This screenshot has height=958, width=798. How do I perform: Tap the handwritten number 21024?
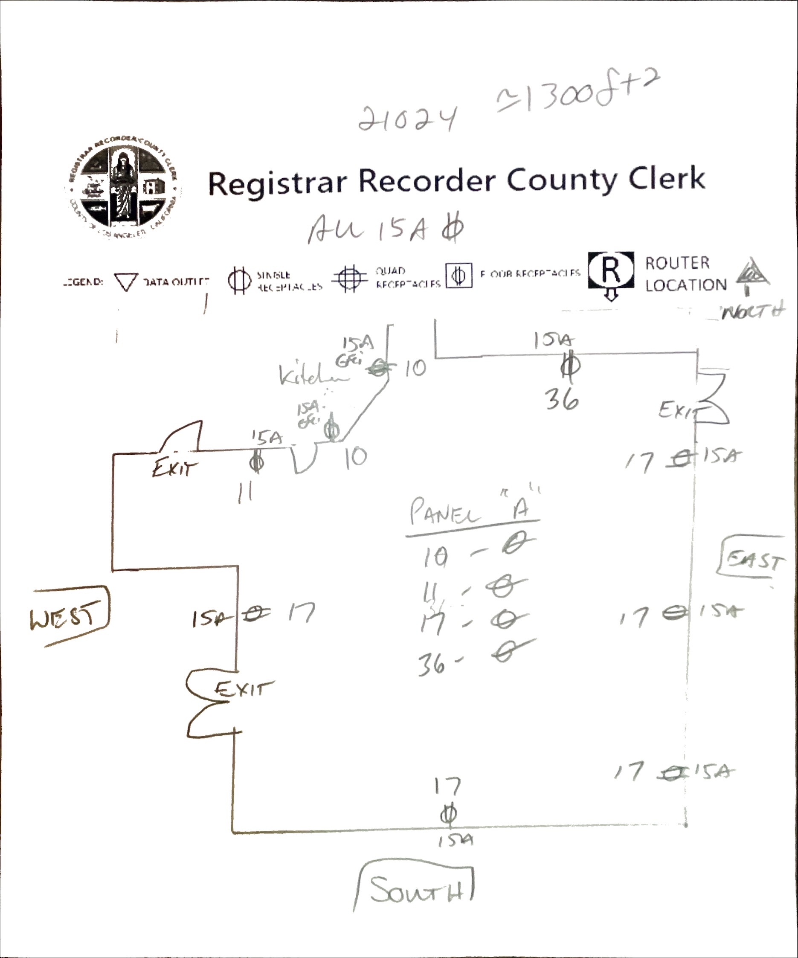[407, 119]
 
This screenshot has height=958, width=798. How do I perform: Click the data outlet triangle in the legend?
[126, 282]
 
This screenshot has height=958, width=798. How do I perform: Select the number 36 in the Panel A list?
[431, 664]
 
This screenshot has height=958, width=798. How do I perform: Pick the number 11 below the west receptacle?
[246, 493]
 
